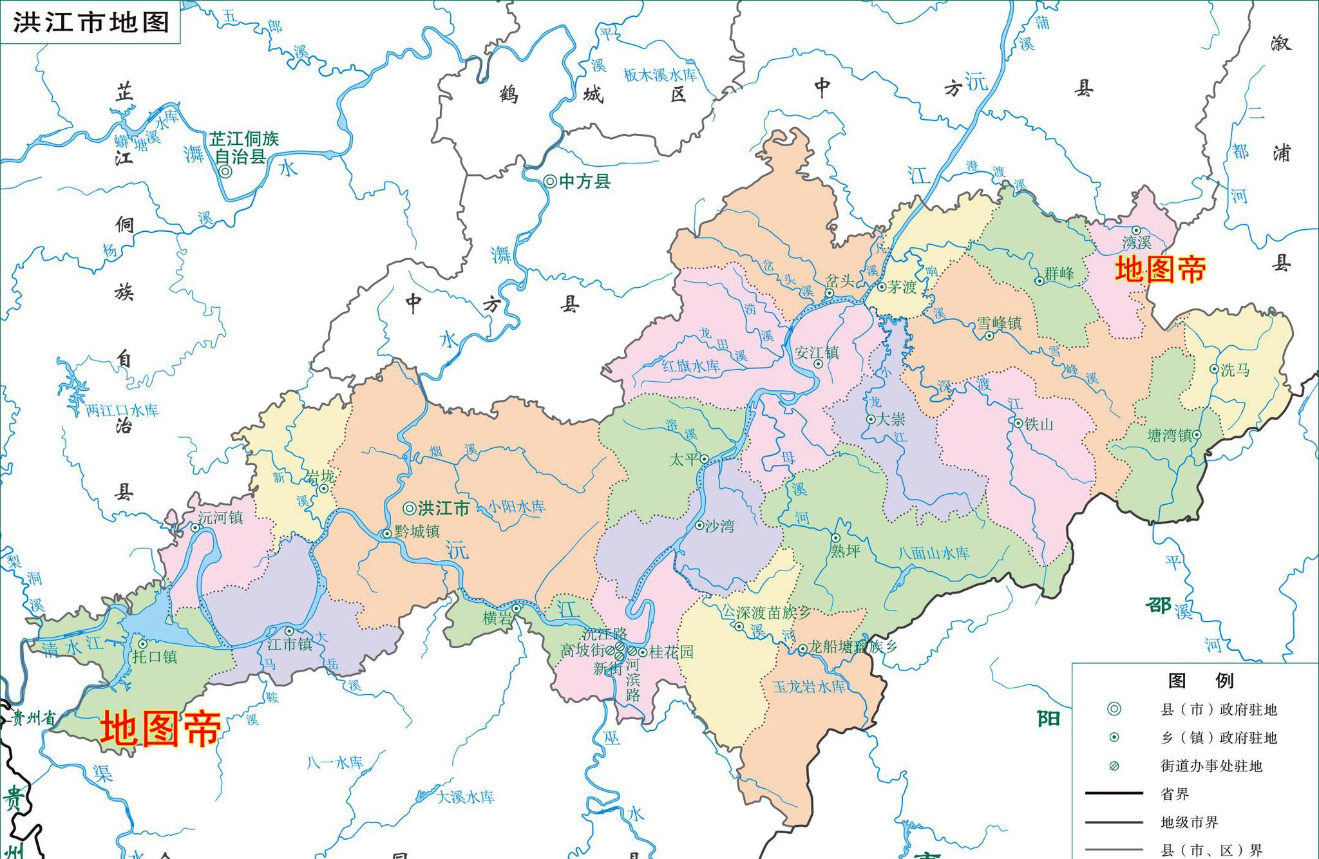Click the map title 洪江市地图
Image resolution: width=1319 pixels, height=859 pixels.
tap(91, 23)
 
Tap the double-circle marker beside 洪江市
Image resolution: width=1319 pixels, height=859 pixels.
tap(409, 508)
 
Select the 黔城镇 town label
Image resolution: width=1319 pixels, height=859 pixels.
tap(417, 531)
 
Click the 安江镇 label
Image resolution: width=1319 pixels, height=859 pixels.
tap(817, 353)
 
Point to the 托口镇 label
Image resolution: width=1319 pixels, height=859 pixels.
tap(155, 657)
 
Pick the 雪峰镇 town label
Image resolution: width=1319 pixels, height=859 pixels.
tap(999, 323)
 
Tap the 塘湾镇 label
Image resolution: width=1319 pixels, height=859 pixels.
tap(1170, 435)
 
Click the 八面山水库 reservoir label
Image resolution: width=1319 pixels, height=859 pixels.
tap(933, 553)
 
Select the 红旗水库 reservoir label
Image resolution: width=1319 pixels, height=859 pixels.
tap(691, 366)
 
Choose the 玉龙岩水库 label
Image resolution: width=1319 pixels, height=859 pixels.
tap(809, 687)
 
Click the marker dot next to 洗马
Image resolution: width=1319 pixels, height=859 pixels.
tap(1214, 369)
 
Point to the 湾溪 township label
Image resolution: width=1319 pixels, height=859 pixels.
tap(1136, 243)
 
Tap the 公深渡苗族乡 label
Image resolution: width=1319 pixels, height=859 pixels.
tap(765, 612)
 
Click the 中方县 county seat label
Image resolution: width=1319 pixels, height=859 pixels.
tap(584, 182)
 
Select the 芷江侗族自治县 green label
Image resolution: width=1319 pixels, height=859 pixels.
tap(243, 147)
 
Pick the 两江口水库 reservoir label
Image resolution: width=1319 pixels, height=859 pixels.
tap(122, 411)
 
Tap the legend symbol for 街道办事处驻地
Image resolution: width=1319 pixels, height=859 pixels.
tap(1114, 766)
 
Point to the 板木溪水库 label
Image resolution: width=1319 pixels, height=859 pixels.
tap(660, 75)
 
